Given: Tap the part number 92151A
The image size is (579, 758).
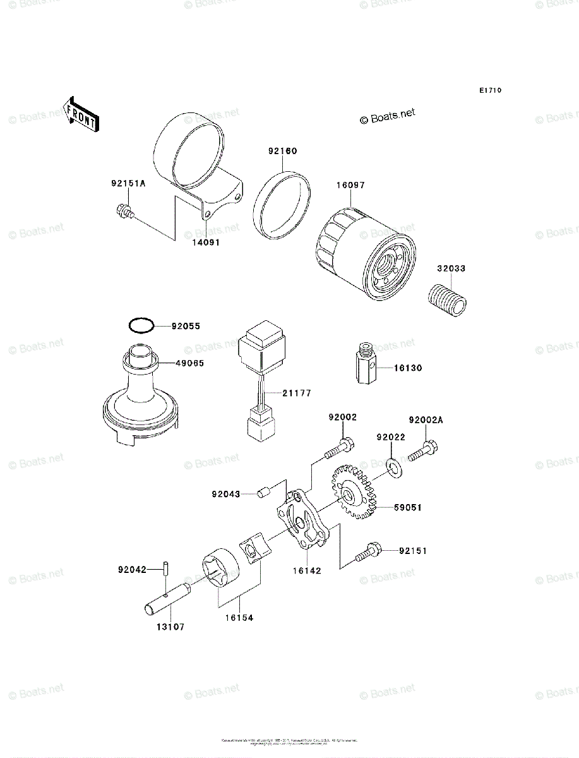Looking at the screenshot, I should (x=128, y=184).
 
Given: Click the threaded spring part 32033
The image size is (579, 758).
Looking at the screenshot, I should (x=449, y=298).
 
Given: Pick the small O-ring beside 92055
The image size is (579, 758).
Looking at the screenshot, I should (x=140, y=326).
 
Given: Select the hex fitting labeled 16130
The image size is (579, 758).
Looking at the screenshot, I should (x=366, y=365).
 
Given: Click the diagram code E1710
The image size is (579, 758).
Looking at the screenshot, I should (x=489, y=90).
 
